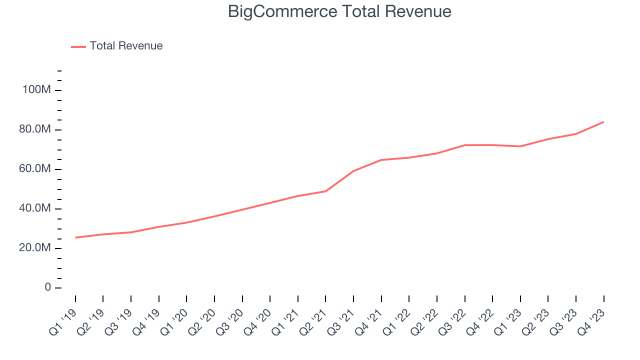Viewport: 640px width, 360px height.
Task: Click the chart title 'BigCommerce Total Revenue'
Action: click(339, 11)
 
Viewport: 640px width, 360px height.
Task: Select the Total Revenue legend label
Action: click(126, 46)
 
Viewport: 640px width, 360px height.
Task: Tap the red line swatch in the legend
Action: click(78, 46)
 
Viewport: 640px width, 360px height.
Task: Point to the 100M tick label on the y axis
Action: click(36, 90)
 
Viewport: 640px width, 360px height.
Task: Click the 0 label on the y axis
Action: click(48, 287)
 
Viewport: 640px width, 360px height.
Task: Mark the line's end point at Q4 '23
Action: click(603, 121)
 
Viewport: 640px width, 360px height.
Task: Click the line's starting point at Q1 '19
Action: click(75, 237)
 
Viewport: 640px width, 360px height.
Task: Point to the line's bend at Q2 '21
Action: click(325, 191)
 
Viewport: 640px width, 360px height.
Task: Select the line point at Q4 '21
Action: click(381, 160)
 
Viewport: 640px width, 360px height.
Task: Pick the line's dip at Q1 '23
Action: click(520, 146)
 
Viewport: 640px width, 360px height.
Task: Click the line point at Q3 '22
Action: click(464, 145)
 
